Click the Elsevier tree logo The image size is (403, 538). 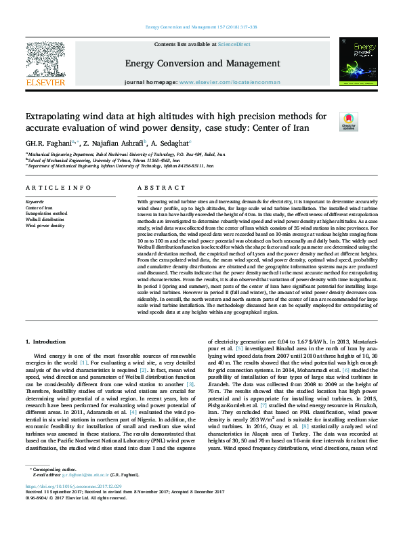click(x=45, y=61)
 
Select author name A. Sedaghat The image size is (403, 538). click(x=170, y=143)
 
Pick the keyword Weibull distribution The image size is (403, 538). click(x=45, y=219)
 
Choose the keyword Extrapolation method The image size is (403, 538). click(x=46, y=213)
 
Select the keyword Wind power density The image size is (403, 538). click(x=45, y=225)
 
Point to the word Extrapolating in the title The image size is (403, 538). click(x=58, y=117)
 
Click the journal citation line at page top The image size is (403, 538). click(x=200, y=27)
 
